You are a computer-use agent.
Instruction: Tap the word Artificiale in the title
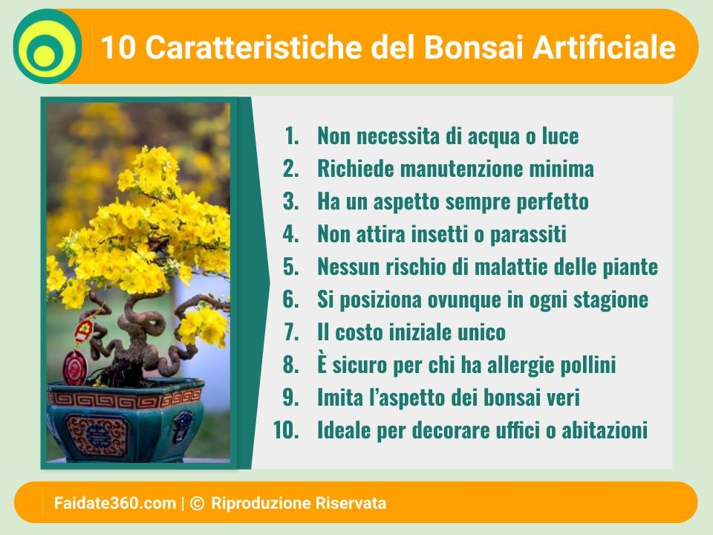coord(605,48)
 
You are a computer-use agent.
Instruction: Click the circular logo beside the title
coord(48,46)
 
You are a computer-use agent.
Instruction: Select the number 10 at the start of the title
coord(118,48)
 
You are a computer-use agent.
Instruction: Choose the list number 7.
coord(291,332)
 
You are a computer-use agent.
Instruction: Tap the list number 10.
coord(286,430)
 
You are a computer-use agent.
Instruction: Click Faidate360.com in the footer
coord(115,503)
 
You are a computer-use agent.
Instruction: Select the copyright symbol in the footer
coord(197,503)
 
